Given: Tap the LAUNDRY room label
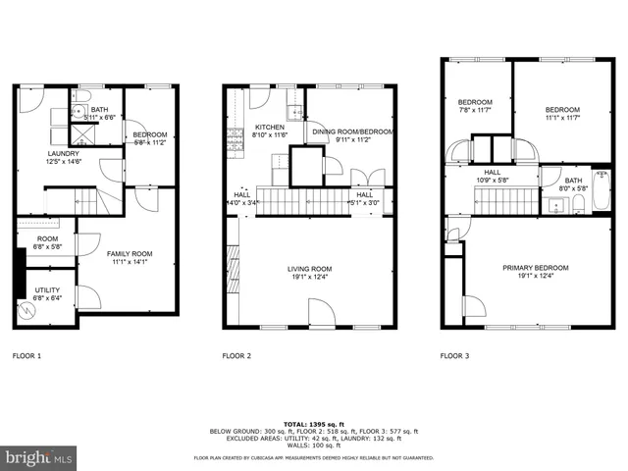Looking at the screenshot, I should coord(65,153).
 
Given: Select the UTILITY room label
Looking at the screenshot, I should coord(47,289).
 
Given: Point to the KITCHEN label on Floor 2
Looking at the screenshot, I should coord(270,128).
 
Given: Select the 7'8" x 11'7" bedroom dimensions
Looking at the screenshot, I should coord(475,110).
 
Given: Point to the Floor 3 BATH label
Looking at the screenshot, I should coord(572,181).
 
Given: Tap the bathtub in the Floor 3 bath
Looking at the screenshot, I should coord(578,205).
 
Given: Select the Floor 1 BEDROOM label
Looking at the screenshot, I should coord(150,134).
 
